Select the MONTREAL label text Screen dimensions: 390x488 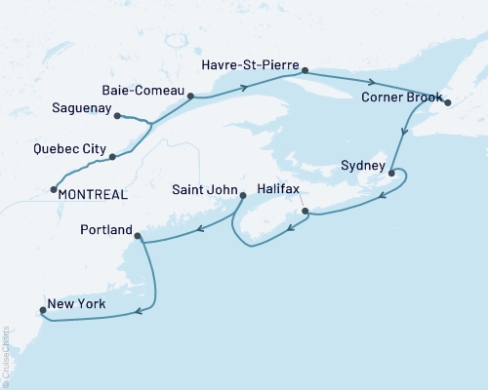pos(94,194)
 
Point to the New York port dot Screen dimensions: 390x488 pos(41,312)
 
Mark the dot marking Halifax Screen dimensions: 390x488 pos(305,211)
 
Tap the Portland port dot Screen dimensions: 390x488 pos(138,236)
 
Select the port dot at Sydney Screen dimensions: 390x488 pos(391,174)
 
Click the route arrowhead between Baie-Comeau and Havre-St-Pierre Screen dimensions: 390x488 pos(241,87)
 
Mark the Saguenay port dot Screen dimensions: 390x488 pos(116,117)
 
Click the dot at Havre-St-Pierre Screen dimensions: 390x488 pos(305,70)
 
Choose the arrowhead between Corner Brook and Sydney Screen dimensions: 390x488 pos(404,136)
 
